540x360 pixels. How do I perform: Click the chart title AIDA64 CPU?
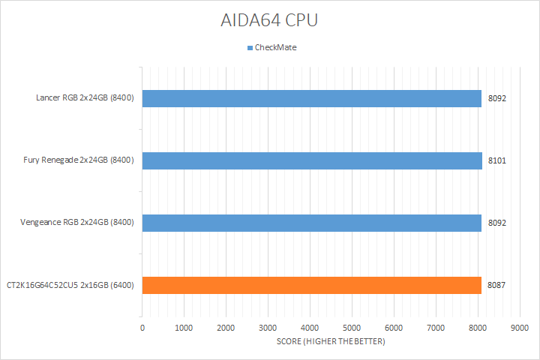269,20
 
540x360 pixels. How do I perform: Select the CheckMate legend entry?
275,48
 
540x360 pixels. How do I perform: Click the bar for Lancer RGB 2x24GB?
311,98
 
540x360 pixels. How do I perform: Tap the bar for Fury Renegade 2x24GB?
311,160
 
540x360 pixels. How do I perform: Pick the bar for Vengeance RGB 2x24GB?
311,223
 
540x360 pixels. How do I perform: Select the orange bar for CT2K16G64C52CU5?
311,285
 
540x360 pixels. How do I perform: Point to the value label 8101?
496,160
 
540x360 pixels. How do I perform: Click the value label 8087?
496,285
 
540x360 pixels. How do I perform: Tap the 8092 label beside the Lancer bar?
496,98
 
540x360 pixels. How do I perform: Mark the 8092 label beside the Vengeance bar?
496,223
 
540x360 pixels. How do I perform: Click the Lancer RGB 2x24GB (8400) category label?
85,98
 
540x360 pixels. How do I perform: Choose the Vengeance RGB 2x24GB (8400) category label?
79,223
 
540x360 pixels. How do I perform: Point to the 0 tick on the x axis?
142,328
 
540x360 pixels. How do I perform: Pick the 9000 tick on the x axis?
518,328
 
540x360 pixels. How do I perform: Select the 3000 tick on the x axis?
268,328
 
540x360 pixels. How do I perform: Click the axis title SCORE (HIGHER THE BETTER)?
330,342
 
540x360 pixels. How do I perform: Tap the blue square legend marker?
250,48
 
